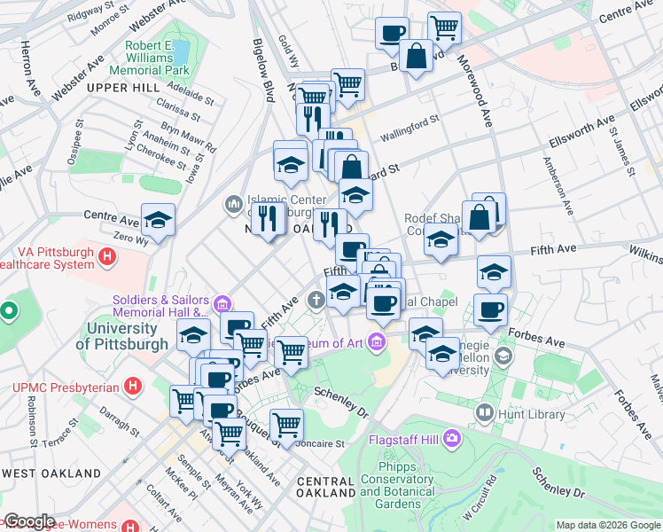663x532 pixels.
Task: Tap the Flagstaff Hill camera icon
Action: point(453,438)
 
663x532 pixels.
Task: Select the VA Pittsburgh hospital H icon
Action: point(108,258)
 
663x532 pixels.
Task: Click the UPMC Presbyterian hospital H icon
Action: point(133,387)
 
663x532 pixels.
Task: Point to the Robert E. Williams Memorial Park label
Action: point(145,58)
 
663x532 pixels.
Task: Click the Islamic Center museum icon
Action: point(234,205)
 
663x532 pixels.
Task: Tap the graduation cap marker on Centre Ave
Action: point(158,220)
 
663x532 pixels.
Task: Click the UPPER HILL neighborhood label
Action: point(121,86)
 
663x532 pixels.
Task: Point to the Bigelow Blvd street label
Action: point(264,71)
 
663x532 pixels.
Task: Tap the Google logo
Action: point(28,521)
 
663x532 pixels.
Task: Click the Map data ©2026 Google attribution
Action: point(608,525)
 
